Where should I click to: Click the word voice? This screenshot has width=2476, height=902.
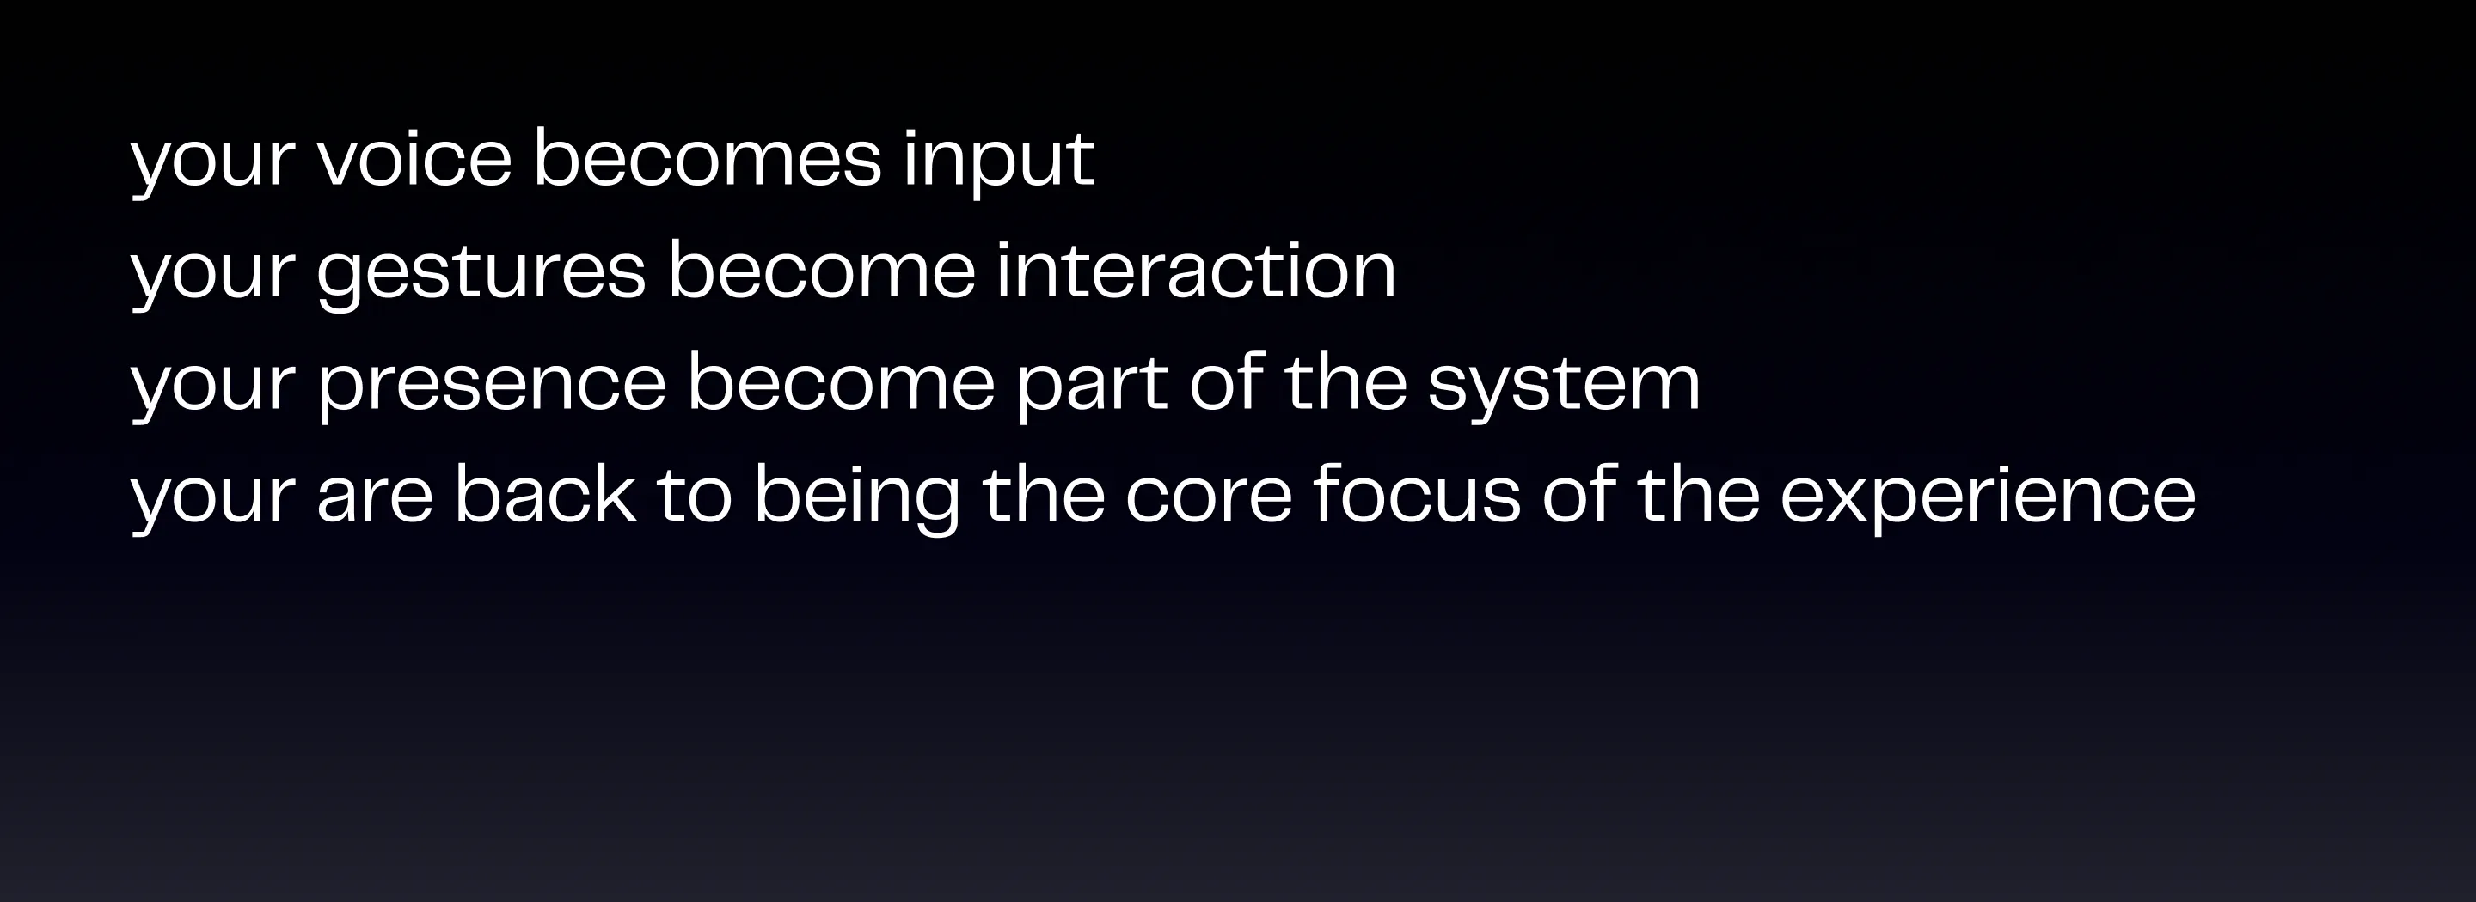click(x=414, y=159)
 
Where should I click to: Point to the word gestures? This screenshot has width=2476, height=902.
click(x=481, y=274)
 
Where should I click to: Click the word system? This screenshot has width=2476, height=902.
click(x=1564, y=387)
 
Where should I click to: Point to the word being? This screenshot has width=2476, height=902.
click(x=857, y=497)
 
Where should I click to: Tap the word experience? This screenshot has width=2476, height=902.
click(x=1988, y=497)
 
